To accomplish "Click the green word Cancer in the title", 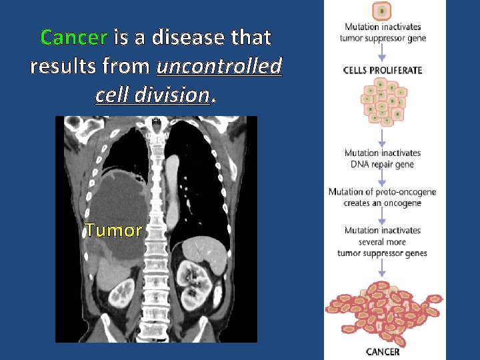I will point(73,37).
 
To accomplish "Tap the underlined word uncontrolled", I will point(219,67).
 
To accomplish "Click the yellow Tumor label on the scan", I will point(113,231).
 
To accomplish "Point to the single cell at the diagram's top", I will point(382,11).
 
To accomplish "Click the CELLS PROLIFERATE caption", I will point(383,70).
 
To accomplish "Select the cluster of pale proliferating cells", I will point(383,101).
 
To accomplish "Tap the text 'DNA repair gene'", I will point(382,165).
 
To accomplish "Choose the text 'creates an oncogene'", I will point(383,203).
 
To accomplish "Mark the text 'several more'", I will point(382,242).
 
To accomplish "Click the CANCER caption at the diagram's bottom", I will point(383,352).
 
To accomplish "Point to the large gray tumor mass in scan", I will point(117,200).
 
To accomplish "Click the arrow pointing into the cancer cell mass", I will point(383,269).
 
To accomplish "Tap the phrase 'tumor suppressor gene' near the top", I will point(383,38).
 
